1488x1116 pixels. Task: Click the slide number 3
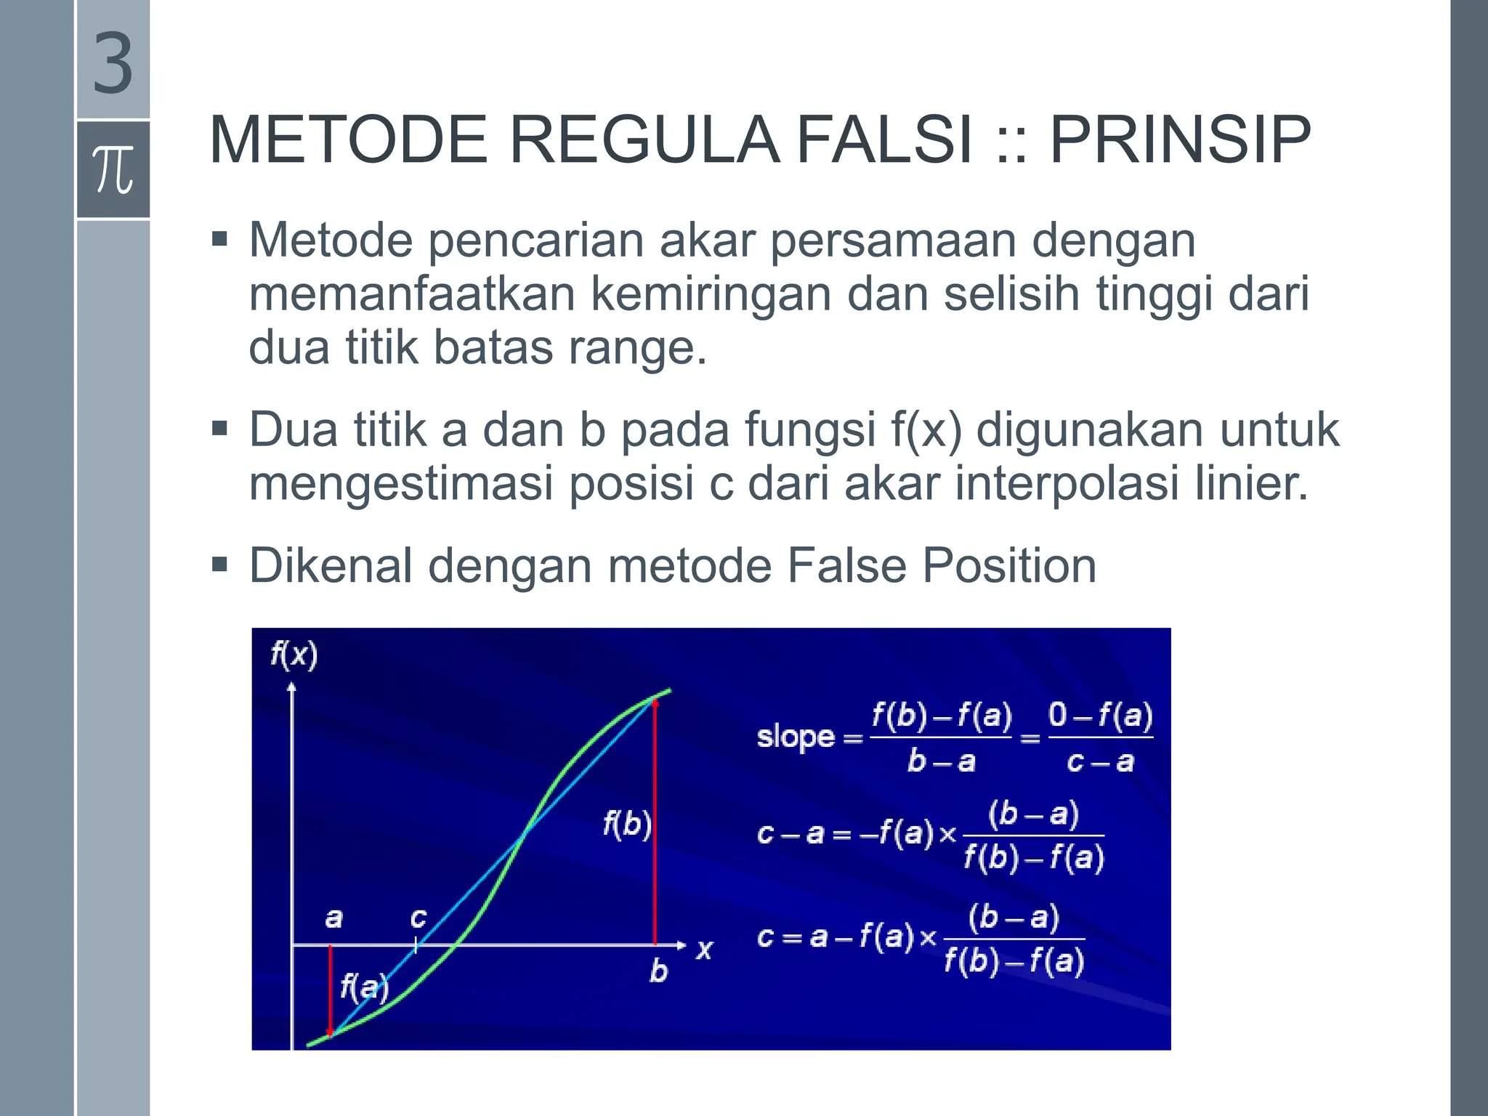113,64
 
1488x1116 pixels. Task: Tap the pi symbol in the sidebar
113,169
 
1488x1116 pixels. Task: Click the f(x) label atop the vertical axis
294,655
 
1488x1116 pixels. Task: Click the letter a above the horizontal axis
333,918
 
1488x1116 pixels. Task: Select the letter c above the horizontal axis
418,918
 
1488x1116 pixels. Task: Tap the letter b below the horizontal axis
658,971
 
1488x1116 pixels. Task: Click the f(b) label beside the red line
626,825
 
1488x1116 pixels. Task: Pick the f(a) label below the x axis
364,987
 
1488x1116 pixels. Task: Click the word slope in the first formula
796,737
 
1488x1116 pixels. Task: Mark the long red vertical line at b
655,821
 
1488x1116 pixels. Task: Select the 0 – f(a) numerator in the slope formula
1100,716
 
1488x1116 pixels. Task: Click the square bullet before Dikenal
219,565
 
